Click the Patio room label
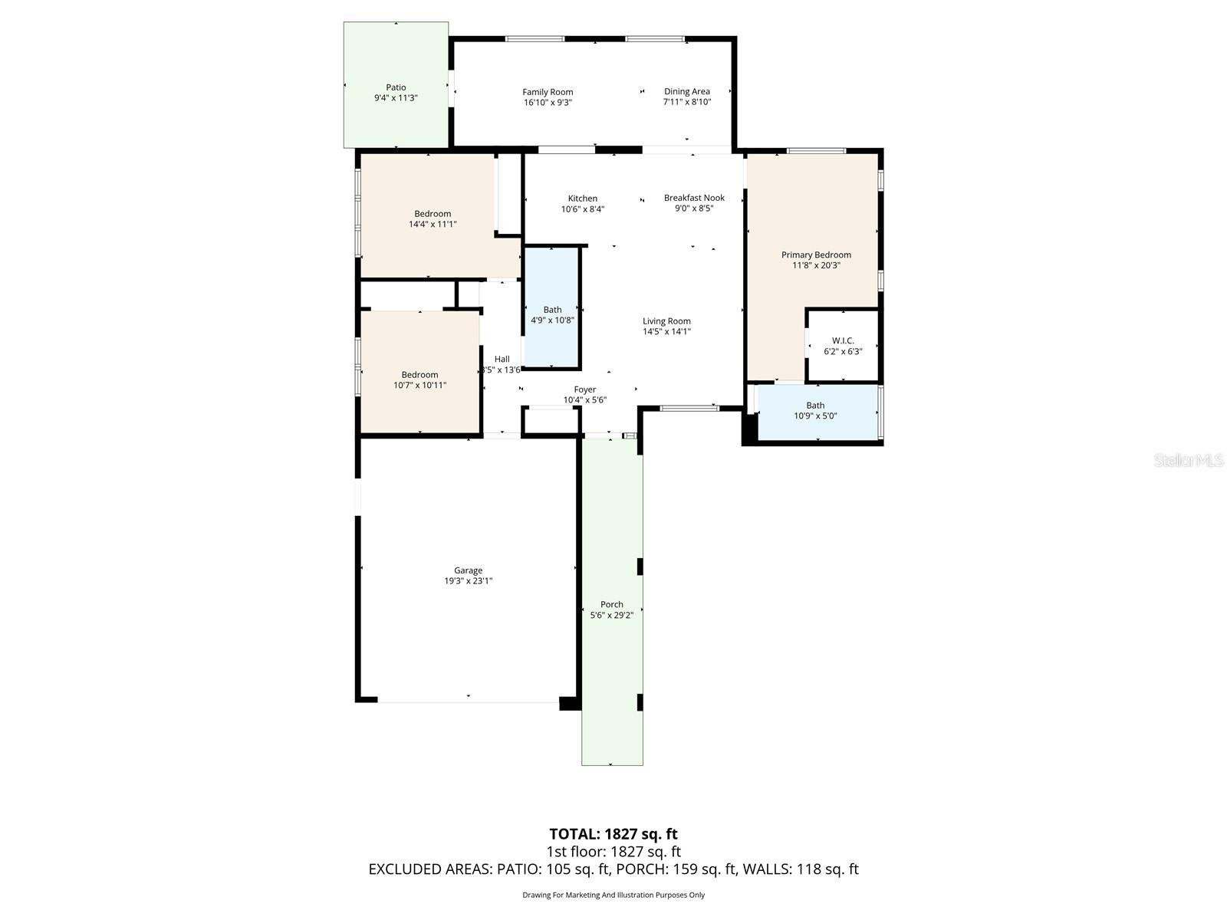(396, 87)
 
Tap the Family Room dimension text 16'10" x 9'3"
(548, 102)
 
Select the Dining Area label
(686, 91)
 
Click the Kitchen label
(582, 199)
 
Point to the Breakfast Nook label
(694, 198)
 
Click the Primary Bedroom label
(816, 255)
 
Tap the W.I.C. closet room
(843, 346)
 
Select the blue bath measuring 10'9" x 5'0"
(815, 411)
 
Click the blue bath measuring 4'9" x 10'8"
(552, 314)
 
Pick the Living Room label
(666, 321)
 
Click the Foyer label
(584, 389)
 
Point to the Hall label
(502, 359)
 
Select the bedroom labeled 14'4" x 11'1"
(433, 219)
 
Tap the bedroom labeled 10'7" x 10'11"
(419, 379)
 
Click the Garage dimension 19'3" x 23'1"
(468, 581)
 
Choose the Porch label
(611, 604)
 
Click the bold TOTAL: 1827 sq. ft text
(613, 833)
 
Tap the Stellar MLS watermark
(1189, 460)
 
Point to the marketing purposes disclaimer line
(613, 895)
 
